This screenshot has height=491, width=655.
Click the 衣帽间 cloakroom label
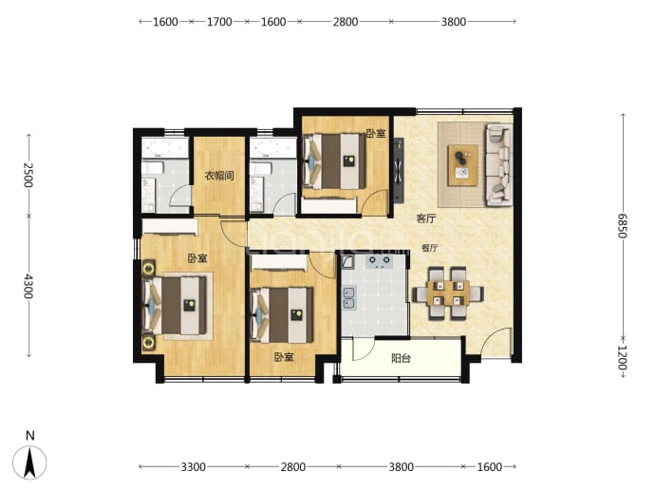click(x=219, y=176)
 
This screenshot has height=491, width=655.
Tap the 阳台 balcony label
click(x=401, y=358)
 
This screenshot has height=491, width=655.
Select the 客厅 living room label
click(x=426, y=218)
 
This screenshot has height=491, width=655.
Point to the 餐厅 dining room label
click(x=429, y=248)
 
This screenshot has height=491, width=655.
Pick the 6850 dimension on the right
click(x=623, y=226)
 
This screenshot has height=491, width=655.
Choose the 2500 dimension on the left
click(x=28, y=175)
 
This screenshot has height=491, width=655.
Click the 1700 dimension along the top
click(x=219, y=22)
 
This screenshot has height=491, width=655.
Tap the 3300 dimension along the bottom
click(x=193, y=466)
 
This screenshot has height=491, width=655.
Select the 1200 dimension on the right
click(x=623, y=358)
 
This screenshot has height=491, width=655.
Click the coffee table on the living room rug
click(x=462, y=165)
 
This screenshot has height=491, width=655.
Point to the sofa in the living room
click(x=499, y=164)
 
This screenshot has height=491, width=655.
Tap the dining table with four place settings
click(x=448, y=293)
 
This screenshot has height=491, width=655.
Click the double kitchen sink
click(x=349, y=297)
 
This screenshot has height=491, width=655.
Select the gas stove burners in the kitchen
click(x=380, y=261)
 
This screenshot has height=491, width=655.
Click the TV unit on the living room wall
click(x=399, y=171)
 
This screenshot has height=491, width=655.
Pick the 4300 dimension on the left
click(x=28, y=286)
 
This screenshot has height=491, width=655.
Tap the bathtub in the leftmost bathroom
click(x=164, y=147)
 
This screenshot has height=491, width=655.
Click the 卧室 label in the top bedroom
click(x=376, y=133)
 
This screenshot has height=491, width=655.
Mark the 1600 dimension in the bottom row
click(x=489, y=466)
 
